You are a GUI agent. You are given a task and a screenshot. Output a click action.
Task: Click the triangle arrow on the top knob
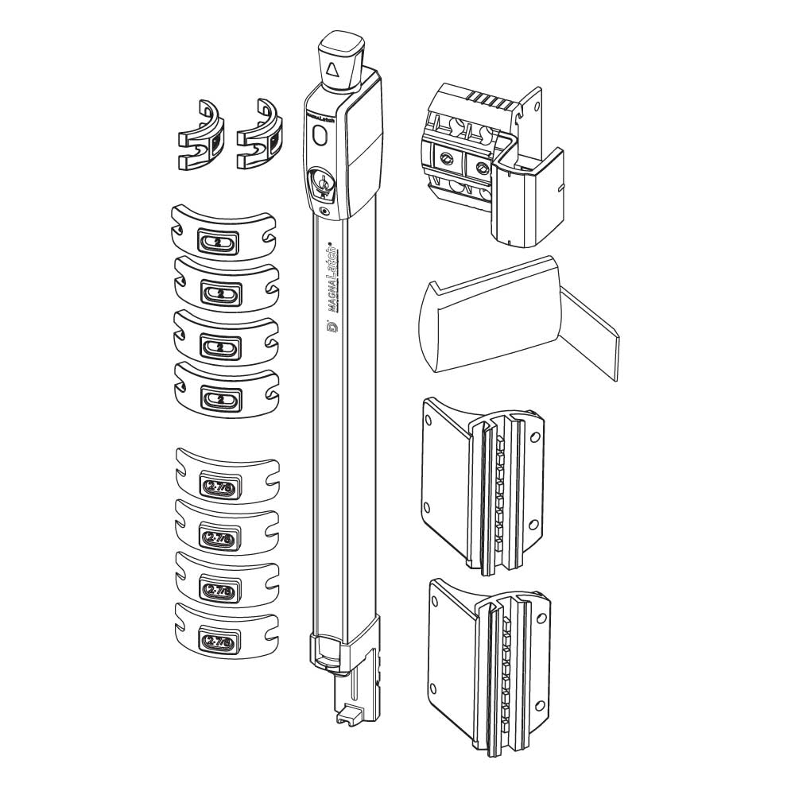tap(332, 71)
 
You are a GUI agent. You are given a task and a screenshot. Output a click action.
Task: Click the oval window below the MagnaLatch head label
tap(320, 136)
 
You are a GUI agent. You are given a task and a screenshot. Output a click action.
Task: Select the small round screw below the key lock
tap(324, 211)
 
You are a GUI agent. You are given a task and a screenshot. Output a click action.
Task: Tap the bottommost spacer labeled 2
tap(221, 397)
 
